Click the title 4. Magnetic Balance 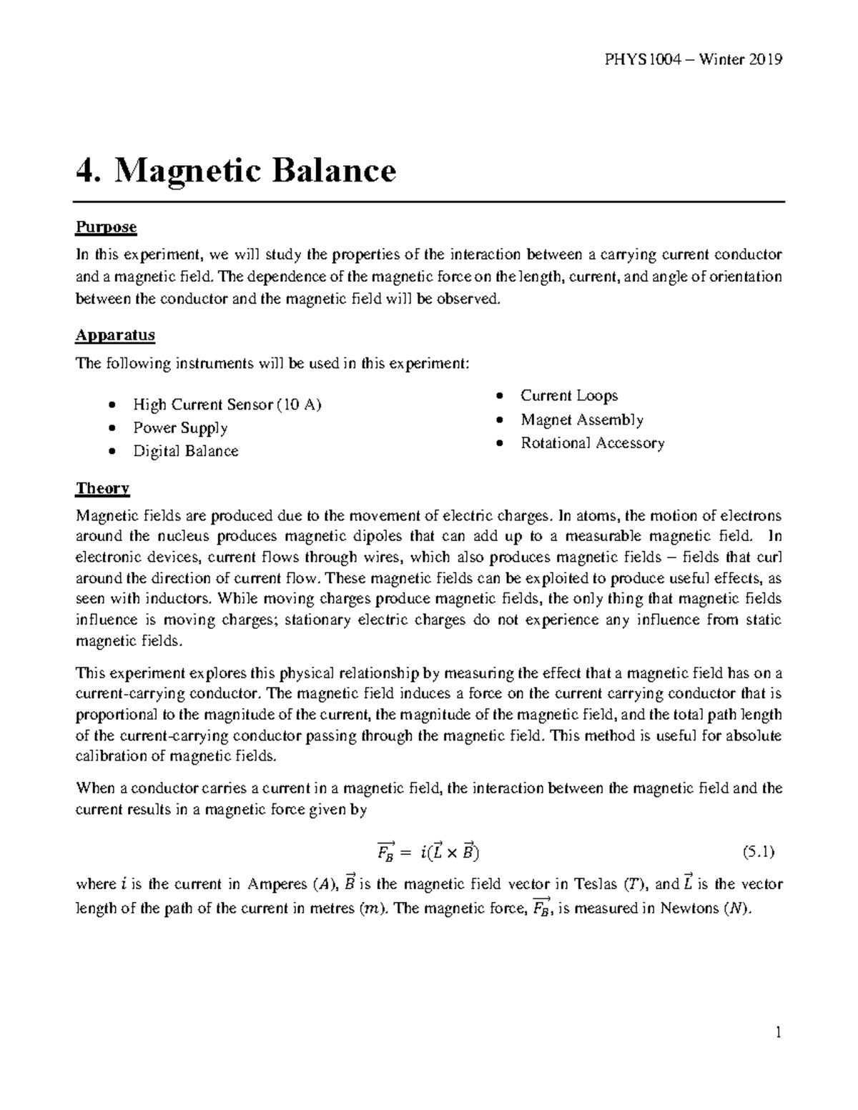click(236, 172)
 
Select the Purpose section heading click(106, 227)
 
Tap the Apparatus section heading click(115, 335)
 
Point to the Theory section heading click(102, 488)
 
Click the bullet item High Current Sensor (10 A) click(227, 405)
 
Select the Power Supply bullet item click(180, 428)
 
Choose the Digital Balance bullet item click(185, 451)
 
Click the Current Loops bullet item click(568, 396)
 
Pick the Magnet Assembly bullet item click(581, 420)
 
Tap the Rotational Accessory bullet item click(592, 443)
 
